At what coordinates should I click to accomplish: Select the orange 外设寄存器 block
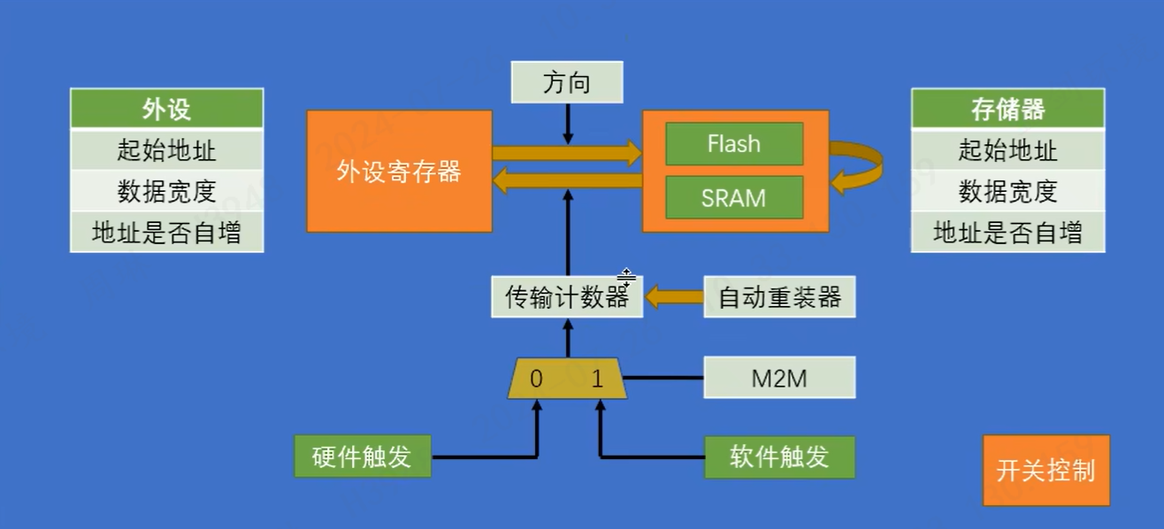[399, 172]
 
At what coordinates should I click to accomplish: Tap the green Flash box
[734, 144]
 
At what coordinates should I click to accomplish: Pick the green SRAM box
[734, 197]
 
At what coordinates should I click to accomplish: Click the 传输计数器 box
[567, 297]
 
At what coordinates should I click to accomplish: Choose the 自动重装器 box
[779, 297]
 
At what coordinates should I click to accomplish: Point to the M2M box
[779, 378]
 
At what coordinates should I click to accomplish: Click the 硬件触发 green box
[362, 456]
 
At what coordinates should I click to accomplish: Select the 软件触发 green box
[779, 456]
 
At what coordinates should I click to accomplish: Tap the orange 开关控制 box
[1045, 471]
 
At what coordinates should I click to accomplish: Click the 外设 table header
[166, 109]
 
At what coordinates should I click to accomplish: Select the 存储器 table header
[1007, 109]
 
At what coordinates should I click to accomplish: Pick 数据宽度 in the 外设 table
[166, 191]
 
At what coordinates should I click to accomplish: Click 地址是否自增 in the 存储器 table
[1007, 233]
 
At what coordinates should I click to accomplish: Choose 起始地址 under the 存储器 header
[1007, 150]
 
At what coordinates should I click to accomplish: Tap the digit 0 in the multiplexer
[536, 379]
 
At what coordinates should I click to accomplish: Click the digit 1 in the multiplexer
[597, 379]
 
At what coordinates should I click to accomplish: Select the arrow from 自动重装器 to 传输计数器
[674, 297]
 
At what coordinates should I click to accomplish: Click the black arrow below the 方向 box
[568, 124]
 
